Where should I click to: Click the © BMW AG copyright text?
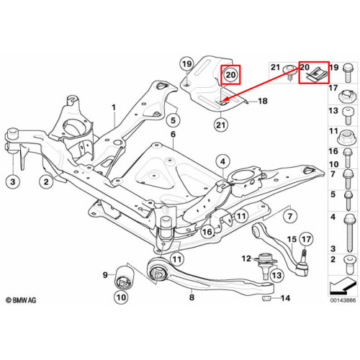tap(21, 300)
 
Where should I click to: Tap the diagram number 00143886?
tap(343, 300)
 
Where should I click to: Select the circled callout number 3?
tap(13, 181)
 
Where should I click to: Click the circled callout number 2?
tap(46, 181)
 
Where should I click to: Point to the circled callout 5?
tap(174, 120)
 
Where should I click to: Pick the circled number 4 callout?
tap(223, 161)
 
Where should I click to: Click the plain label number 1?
tap(114, 107)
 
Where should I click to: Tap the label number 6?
tap(174, 135)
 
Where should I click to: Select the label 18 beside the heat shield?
tap(263, 101)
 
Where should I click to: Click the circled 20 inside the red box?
tap(230, 75)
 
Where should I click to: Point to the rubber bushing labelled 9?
tap(124, 276)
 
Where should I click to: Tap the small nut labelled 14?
tap(266, 298)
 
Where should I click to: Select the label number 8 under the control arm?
tap(192, 297)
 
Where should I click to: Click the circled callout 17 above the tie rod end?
tap(306, 239)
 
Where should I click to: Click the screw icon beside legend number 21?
tap(289, 73)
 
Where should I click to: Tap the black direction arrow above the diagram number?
tap(342, 286)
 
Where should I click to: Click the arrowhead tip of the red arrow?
tap(222, 102)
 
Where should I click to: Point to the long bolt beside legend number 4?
tap(348, 233)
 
